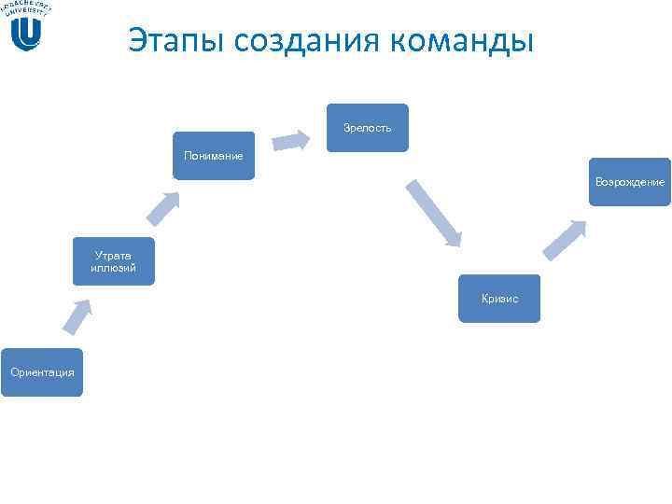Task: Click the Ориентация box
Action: tap(42, 372)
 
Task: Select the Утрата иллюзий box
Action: tap(114, 261)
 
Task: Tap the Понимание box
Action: tap(214, 155)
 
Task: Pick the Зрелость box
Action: tap(368, 127)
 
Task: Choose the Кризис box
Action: tap(499, 299)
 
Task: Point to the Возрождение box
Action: tap(630, 182)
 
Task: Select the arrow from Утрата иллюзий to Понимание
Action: tap(163, 208)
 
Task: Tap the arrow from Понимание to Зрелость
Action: tap(292, 140)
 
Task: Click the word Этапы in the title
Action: tap(172, 41)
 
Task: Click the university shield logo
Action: tap(27, 34)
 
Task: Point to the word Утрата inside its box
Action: tap(114, 254)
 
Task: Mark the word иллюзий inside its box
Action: tap(114, 268)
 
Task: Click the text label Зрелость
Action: tap(368, 127)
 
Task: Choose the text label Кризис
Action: tap(499, 299)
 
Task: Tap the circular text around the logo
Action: tap(26, 8)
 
